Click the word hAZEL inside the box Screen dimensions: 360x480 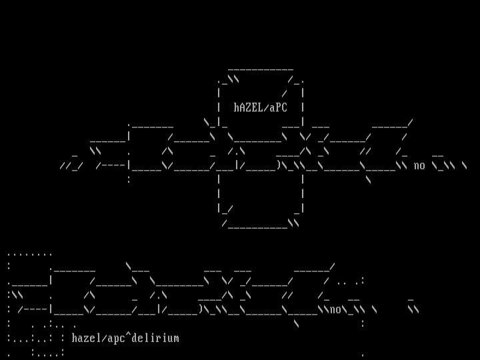[x=249, y=107]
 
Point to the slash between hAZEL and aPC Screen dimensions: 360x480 [x=267, y=107]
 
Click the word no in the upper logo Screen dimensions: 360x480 [x=419, y=165]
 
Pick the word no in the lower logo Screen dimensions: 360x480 [x=335, y=309]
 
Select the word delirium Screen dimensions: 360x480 [x=155, y=338]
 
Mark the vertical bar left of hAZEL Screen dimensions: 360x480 [x=219, y=107]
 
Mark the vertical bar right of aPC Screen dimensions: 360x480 [x=303, y=107]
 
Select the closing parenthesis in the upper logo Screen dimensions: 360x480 [x=279, y=165]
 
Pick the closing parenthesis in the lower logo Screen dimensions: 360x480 [x=201, y=309]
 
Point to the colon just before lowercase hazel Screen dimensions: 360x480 [x=63, y=338]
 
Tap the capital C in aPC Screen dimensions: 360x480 [x=285, y=107]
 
